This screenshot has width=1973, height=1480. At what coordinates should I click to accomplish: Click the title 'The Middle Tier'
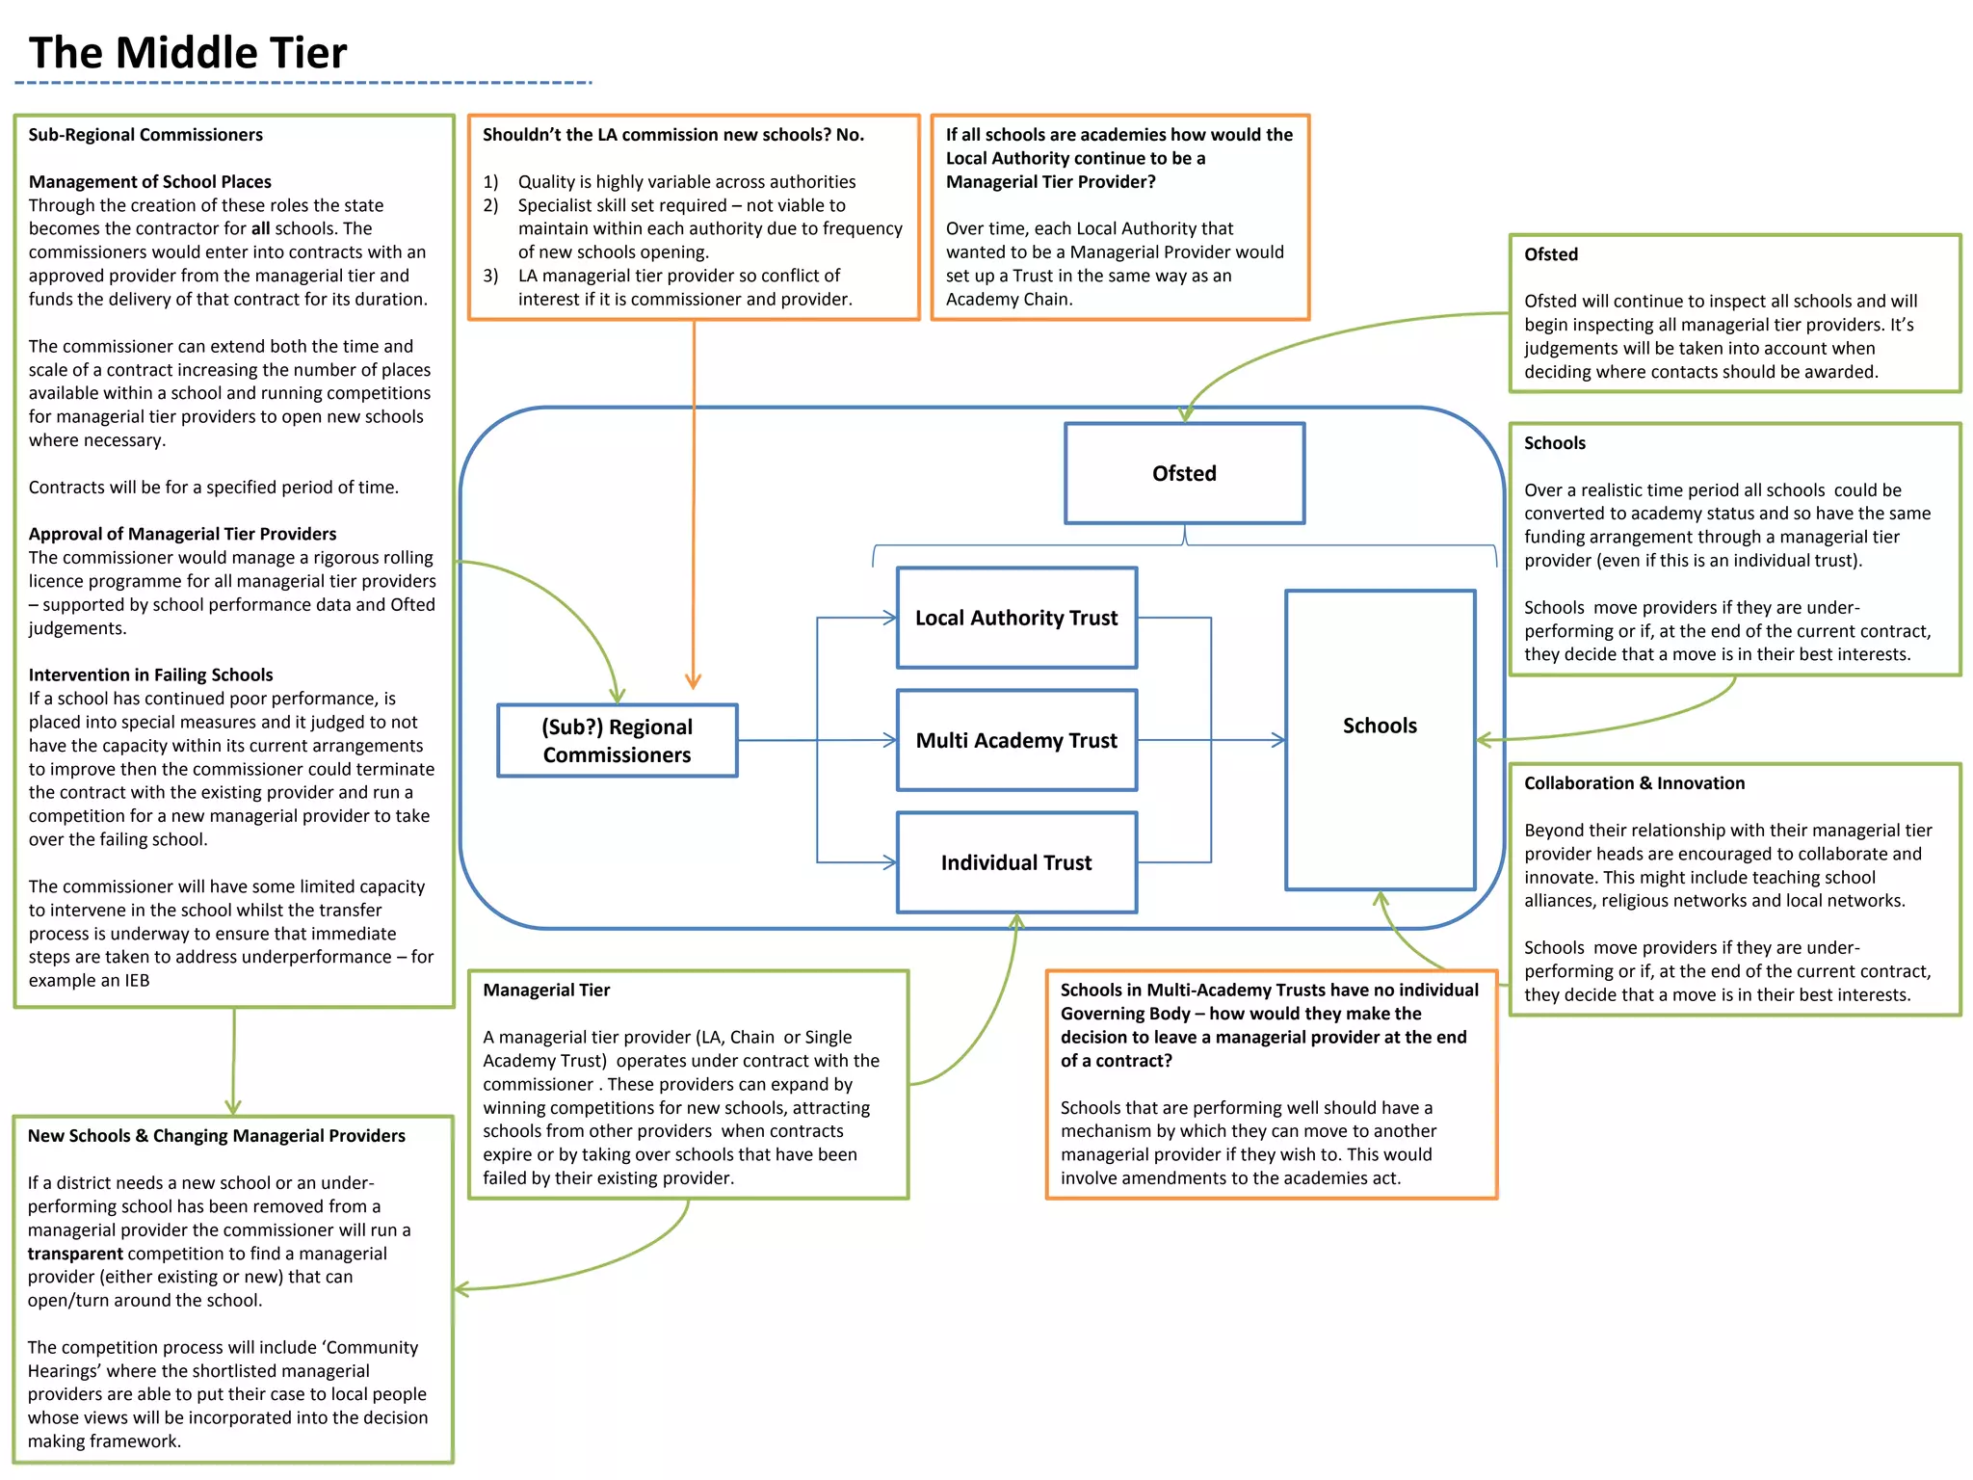188,53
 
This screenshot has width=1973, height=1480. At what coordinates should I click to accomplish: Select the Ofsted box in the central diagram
1184,473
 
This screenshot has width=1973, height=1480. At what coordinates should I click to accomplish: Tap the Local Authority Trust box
1016,618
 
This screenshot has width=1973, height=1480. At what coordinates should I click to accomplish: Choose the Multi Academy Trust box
1016,740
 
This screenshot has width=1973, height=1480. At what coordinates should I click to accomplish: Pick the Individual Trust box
1016,862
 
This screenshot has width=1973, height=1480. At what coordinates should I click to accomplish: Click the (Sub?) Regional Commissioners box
617,740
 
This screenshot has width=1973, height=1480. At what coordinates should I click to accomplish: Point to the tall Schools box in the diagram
1380,739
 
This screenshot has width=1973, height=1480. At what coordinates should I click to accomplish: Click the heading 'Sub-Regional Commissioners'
145,135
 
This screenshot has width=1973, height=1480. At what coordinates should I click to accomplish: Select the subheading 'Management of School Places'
150,182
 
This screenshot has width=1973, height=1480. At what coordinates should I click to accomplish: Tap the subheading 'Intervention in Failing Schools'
151,675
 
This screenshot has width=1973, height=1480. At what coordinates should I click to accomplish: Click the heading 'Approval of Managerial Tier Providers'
183,534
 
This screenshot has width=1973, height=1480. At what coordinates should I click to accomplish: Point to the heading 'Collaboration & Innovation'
1634,783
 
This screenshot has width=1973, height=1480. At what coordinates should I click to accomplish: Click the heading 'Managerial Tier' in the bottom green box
546,991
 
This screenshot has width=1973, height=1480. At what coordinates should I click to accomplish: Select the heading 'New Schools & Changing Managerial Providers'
217,1136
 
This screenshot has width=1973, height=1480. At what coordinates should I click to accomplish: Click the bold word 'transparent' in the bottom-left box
75,1254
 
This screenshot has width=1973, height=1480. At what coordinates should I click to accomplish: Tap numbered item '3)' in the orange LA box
490,276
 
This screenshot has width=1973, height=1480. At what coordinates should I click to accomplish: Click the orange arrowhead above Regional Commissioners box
693,681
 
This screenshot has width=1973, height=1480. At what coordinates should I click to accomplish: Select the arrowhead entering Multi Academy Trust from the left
890,740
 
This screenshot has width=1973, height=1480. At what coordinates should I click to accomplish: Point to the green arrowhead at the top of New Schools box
233,1108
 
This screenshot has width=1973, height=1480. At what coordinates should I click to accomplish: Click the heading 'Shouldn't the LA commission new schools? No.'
672,135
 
